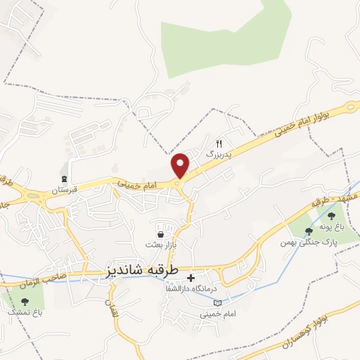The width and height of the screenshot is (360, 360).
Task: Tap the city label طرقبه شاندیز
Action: tap(141, 270)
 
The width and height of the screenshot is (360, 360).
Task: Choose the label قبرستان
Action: tap(63, 190)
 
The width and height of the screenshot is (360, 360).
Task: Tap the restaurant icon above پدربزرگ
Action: tap(218, 142)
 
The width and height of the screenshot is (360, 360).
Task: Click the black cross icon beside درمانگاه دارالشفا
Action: tap(190, 278)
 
